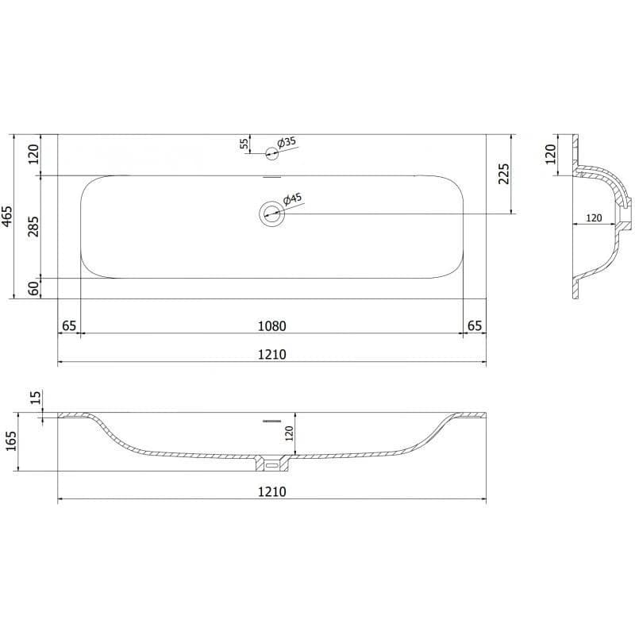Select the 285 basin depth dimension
33,226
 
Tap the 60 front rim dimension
34,288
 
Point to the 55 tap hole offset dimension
244,144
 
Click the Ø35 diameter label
287,142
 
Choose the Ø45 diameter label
292,199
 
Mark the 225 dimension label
504,174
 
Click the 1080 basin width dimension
272,325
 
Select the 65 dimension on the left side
69,325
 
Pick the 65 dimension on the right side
475,325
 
